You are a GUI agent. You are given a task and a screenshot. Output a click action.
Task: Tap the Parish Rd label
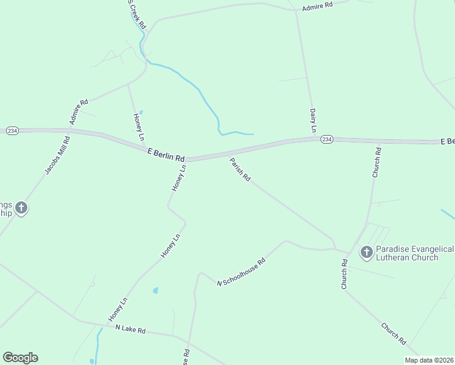[240, 170]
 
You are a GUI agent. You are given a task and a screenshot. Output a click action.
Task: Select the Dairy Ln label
[313, 120]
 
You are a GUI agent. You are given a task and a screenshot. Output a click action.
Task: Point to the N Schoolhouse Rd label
[242, 272]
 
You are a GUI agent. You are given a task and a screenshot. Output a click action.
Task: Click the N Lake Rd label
[131, 329]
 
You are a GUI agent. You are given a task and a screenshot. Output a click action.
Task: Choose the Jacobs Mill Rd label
[58, 156]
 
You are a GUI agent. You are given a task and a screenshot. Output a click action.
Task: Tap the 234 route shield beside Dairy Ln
[327, 139]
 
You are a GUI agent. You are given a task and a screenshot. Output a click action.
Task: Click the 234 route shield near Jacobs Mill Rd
[12, 131]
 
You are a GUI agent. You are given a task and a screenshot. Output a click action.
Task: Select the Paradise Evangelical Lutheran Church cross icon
[366, 252]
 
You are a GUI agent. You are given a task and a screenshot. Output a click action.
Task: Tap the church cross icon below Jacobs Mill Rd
[21, 209]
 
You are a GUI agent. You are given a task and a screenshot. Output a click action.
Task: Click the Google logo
[20, 358]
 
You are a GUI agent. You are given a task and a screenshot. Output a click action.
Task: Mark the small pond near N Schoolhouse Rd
[155, 291]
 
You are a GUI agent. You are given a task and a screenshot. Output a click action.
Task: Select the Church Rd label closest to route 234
[377, 162]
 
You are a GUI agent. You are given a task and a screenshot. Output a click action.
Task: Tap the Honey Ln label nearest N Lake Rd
[118, 310]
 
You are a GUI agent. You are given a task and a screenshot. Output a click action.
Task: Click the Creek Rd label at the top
[136, 15]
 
